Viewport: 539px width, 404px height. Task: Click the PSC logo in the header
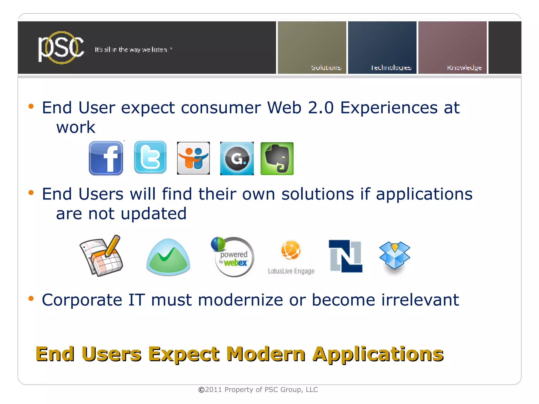[61, 48]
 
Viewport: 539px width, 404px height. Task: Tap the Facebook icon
[106, 158]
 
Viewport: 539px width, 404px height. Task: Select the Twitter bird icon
[150, 157]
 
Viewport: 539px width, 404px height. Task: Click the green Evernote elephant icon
[277, 158]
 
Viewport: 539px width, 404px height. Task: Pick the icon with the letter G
[237, 158]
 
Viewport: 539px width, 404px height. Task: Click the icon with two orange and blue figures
[193, 158]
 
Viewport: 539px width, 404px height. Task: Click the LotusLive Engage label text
[291, 271]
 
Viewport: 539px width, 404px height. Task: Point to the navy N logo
[346, 256]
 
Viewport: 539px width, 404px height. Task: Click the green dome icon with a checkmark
[168, 257]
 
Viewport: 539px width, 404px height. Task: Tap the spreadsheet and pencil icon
[101, 255]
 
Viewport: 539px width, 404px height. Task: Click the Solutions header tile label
[326, 68]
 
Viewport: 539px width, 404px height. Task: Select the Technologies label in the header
[391, 68]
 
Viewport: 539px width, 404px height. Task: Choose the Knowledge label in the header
[464, 68]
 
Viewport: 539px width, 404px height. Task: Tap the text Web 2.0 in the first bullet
[300, 108]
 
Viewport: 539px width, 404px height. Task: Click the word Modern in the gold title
[266, 354]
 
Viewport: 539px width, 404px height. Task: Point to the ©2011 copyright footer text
[258, 390]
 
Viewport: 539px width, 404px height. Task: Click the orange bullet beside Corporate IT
[31, 299]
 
